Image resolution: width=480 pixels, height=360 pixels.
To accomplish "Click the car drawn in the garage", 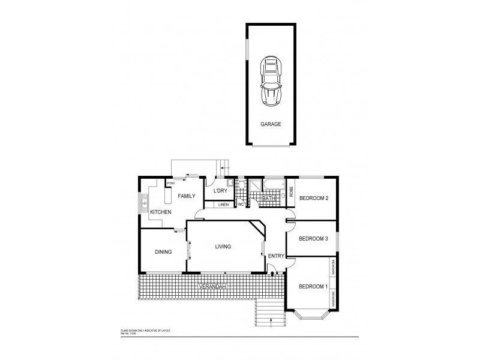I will [271, 82].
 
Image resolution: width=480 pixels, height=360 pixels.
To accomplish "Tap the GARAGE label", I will [270, 125].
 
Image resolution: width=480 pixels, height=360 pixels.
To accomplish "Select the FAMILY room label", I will [186, 196].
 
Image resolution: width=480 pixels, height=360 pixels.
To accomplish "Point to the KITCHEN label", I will [161, 212].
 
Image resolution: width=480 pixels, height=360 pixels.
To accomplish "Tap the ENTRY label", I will [276, 256].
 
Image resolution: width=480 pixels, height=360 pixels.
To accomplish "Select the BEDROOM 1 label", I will [313, 286].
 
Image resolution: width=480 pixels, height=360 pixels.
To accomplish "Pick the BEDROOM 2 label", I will [314, 198].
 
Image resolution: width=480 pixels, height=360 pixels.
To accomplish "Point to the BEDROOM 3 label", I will [313, 238].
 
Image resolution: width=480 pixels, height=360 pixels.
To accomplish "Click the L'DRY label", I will [220, 191].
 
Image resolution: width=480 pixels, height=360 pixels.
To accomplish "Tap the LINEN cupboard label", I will [223, 205].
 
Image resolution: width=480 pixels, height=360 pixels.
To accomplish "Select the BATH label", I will [268, 198].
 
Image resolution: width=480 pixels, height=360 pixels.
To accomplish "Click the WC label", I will [241, 205].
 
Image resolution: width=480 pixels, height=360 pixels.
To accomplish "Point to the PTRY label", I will [170, 184].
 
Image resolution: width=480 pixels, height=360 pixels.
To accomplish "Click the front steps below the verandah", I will [268, 311].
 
